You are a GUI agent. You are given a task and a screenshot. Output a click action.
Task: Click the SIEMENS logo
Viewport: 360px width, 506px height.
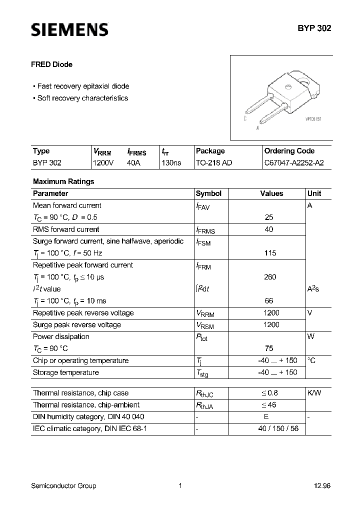[69, 30]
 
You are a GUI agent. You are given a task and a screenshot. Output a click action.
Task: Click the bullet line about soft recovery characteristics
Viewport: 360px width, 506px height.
[82, 98]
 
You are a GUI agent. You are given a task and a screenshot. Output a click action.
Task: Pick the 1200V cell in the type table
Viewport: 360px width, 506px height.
[103, 162]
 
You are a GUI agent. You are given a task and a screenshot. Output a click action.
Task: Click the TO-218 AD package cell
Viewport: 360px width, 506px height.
[214, 162]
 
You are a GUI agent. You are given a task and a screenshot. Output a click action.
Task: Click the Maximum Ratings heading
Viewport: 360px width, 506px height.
[63, 181]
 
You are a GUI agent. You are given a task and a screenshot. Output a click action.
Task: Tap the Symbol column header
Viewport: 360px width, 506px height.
[208, 193]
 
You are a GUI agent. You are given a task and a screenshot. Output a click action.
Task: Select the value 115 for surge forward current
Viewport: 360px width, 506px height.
[270, 253]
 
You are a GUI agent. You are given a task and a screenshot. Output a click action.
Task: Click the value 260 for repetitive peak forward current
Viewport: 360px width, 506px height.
[270, 277]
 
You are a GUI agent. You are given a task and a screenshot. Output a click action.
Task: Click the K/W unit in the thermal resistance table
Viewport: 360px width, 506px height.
[314, 393]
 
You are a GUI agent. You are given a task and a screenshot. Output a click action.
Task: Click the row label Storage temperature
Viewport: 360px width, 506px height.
[66, 372]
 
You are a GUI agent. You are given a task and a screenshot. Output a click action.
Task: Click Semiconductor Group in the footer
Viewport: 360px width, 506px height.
[63, 485]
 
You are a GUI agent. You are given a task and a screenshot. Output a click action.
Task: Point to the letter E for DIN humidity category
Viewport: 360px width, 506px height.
[266, 416]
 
